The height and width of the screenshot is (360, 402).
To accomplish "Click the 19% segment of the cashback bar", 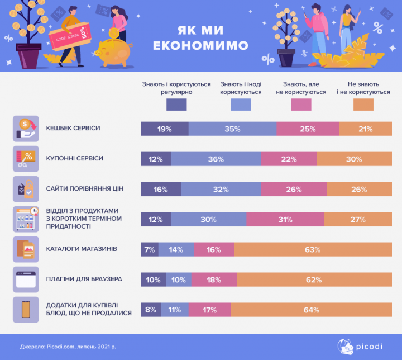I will [x=164, y=129].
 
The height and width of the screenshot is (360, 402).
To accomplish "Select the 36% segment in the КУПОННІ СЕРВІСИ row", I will [x=216, y=159].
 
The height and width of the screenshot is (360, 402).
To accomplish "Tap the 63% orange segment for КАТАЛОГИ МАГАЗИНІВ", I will [x=312, y=249].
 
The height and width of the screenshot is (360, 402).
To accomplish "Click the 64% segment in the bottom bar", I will [x=311, y=310].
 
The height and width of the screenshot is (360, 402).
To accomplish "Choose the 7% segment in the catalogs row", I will [x=149, y=249].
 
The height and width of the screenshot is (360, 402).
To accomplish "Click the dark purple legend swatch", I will [x=176, y=105].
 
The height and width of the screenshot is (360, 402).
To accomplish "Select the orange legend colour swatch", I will [x=363, y=105].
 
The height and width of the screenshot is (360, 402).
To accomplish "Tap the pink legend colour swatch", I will [x=300, y=105].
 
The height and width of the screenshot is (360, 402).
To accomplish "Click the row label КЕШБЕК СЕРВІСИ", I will [x=73, y=129].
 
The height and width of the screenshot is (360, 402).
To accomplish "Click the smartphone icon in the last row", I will [x=25, y=309].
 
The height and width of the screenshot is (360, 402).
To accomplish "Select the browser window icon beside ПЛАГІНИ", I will [x=26, y=279].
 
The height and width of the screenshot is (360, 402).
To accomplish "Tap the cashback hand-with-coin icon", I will [x=26, y=129].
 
